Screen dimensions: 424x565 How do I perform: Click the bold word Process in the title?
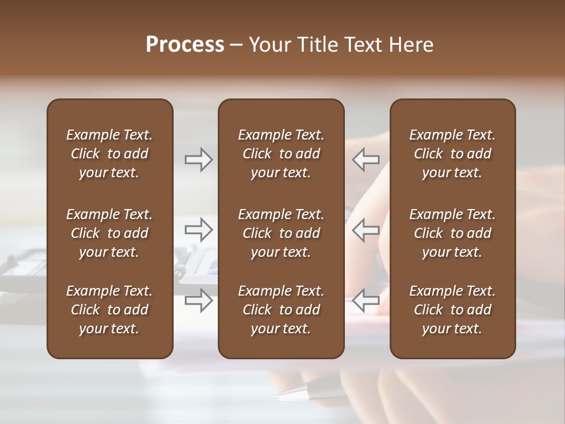pyautogui.click(x=185, y=45)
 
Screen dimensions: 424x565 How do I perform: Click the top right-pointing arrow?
pyautogui.click(x=198, y=160)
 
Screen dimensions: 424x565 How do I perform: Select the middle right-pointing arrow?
pyautogui.click(x=198, y=230)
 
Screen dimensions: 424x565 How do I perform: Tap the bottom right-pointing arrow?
pyautogui.click(x=198, y=300)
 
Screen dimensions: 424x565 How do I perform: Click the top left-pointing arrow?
pyautogui.click(x=366, y=160)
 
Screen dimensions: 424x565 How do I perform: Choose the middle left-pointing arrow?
pyautogui.click(x=366, y=230)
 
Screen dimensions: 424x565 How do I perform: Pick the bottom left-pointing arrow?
pyautogui.click(x=366, y=300)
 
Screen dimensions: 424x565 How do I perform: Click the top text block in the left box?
pyautogui.click(x=109, y=154)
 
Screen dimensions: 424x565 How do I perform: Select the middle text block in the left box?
pyautogui.click(x=109, y=233)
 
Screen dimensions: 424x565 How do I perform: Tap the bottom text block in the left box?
pyautogui.click(x=109, y=310)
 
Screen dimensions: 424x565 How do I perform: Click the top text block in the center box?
pyautogui.click(x=281, y=154)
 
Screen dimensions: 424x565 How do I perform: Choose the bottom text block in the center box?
pyautogui.click(x=281, y=310)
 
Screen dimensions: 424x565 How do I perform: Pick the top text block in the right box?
pyautogui.click(x=452, y=154)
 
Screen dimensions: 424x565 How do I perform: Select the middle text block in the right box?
pyautogui.click(x=452, y=233)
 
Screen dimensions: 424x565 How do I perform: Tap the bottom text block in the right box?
pyautogui.click(x=452, y=310)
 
